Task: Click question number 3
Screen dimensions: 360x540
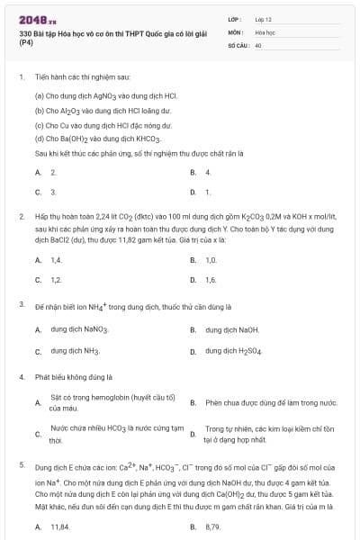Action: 21,305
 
